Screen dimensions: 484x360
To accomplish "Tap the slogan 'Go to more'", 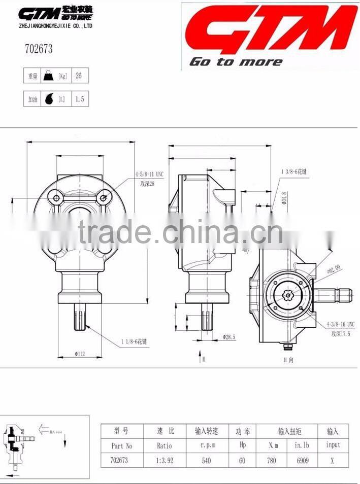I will point(236,62).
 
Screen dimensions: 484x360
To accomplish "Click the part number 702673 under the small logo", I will point(39,50).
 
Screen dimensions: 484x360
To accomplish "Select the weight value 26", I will point(79,76).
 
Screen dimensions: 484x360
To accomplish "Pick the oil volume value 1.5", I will point(79,99).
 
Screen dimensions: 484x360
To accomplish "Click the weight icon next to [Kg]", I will point(49,76).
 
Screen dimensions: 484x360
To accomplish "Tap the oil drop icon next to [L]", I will point(49,99).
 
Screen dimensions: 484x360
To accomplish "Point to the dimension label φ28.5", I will point(230,336).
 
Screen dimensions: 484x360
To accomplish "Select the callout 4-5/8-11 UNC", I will point(150,174).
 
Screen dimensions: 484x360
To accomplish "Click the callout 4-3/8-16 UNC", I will point(340,324).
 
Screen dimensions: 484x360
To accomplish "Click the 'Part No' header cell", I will point(122,445).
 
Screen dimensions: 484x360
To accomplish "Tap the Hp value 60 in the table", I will point(242,461).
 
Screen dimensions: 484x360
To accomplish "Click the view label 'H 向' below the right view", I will point(288,360).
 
